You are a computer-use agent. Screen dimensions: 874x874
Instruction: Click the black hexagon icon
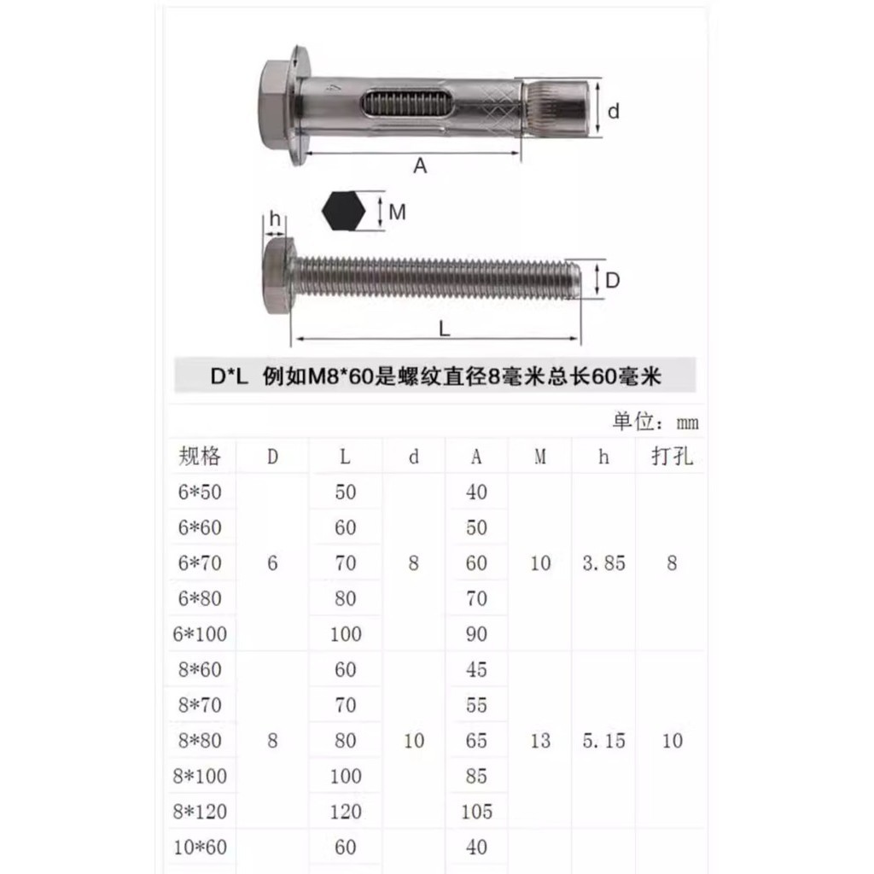click(343, 211)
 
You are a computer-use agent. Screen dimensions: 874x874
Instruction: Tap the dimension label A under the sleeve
click(420, 166)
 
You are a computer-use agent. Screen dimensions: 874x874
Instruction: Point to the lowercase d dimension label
click(613, 111)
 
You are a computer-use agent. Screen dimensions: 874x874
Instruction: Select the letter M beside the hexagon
click(398, 212)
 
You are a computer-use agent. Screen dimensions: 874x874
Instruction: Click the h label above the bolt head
click(275, 218)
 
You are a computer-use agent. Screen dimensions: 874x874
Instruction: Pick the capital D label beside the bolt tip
click(612, 280)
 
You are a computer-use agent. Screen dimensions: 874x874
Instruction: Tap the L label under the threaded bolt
click(444, 329)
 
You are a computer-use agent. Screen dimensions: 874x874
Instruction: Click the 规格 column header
click(200, 456)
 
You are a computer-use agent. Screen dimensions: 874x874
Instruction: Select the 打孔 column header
click(673, 456)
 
